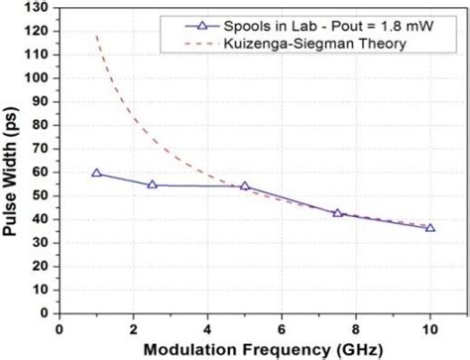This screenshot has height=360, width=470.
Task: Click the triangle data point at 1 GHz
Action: click(x=96, y=173)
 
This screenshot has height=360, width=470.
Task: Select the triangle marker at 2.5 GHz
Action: click(x=152, y=184)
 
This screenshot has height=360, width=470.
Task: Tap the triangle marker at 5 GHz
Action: click(x=245, y=185)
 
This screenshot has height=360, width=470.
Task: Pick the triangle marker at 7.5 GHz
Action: click(x=337, y=212)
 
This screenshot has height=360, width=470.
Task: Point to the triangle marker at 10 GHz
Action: click(x=429, y=227)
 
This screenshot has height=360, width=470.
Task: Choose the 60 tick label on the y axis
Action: click(x=45, y=172)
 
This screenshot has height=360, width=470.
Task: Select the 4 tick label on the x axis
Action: click(x=207, y=328)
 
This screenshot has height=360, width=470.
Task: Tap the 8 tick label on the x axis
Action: click(x=355, y=328)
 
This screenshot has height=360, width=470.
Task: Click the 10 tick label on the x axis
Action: click(x=429, y=328)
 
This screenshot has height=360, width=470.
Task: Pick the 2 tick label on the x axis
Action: click(x=133, y=328)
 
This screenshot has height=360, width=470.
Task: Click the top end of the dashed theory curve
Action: click(x=96, y=37)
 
